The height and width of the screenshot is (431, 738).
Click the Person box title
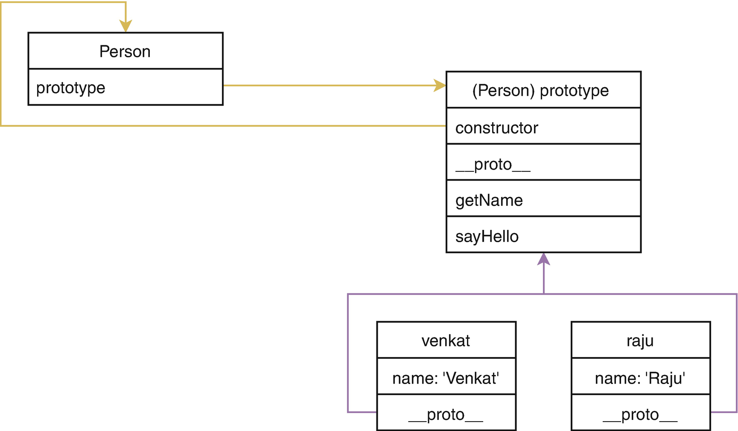(125, 51)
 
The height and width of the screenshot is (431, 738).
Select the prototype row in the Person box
(125, 88)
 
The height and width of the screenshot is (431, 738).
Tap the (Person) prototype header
(543, 90)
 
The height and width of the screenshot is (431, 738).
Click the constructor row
(543, 128)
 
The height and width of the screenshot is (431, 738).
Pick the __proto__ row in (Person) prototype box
(543, 164)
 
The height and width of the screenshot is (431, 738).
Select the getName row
(543, 200)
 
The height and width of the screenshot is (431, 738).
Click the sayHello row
(543, 236)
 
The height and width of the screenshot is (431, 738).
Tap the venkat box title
(446, 340)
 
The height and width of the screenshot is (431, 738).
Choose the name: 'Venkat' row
(446, 378)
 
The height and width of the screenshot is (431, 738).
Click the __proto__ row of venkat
(446, 414)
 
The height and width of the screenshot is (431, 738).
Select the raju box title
(640, 340)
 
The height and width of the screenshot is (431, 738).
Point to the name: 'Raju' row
(640, 378)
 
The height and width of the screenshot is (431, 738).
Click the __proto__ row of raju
(640, 414)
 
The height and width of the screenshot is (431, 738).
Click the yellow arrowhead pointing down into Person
(125, 26)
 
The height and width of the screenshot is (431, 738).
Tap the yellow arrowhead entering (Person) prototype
(440, 85)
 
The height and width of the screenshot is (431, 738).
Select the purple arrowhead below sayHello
(543, 259)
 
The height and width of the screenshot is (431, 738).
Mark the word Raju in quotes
(665, 378)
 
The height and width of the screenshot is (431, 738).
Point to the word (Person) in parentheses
(503, 90)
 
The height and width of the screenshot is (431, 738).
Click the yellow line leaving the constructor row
(299, 126)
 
